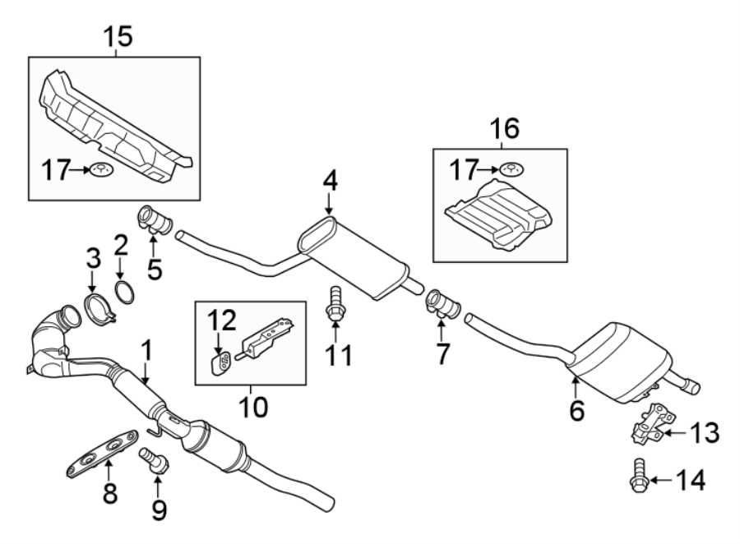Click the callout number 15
click(x=116, y=36)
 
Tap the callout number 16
click(x=506, y=128)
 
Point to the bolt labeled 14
click(x=637, y=477)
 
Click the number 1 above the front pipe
click(x=146, y=352)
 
